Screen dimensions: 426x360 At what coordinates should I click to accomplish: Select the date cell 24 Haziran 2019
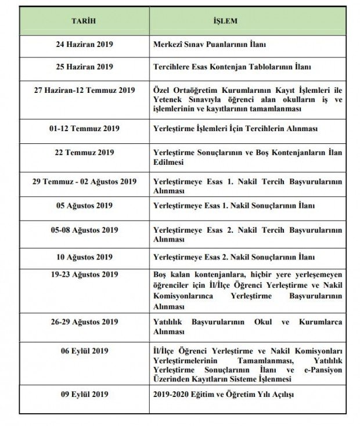(x=84, y=44)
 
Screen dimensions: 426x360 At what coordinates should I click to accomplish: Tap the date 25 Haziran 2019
(x=84, y=67)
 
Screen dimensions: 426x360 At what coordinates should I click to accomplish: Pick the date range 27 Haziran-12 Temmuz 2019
(x=84, y=90)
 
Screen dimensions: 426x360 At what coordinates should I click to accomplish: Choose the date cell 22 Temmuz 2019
(x=84, y=153)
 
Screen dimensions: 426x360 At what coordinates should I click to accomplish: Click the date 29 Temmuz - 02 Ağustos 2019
(x=84, y=182)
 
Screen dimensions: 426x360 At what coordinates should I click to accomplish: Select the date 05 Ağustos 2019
(x=84, y=205)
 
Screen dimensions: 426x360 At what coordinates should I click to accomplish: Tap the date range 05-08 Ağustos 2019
(x=84, y=230)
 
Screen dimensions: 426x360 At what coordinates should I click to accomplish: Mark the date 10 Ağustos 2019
(x=84, y=257)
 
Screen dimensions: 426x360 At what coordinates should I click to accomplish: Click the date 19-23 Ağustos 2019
(x=84, y=275)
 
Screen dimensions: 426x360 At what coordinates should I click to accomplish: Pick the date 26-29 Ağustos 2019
(x=84, y=322)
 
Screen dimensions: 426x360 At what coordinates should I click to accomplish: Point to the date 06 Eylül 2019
(x=84, y=351)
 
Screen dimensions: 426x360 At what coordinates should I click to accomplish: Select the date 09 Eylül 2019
(x=84, y=395)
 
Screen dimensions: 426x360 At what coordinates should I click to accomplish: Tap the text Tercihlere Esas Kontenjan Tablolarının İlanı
(x=232, y=67)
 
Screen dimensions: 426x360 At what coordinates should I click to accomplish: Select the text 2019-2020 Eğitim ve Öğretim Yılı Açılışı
(x=224, y=395)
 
